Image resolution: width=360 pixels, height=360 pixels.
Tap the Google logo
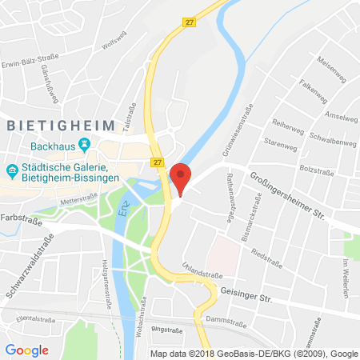click(27, 350)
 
